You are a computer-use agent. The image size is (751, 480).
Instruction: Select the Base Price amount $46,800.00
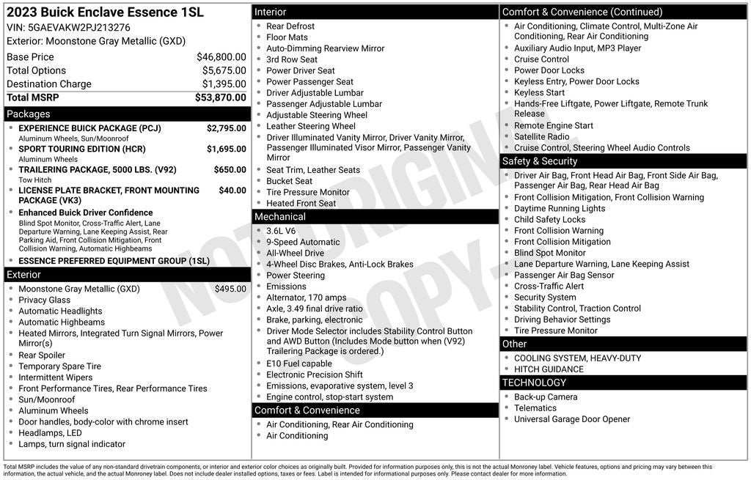(221, 56)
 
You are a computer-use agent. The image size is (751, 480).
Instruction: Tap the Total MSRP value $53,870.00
(220, 97)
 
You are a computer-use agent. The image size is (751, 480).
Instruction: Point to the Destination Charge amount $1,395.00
(224, 84)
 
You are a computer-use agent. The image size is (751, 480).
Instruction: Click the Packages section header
(29, 114)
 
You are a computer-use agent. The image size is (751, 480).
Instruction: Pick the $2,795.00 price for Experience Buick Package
(226, 128)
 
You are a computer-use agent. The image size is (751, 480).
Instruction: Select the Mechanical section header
(280, 217)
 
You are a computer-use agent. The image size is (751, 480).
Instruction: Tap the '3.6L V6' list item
(281, 231)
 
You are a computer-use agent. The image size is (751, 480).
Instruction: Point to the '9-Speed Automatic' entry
(303, 242)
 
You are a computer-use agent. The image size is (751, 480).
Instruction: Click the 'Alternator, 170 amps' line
(306, 298)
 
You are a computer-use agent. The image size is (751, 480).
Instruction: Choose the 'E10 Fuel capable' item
(298, 363)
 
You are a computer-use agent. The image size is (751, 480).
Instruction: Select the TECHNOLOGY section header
(535, 383)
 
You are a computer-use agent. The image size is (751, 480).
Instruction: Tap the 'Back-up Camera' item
(545, 397)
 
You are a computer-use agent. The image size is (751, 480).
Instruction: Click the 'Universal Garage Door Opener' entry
(571, 419)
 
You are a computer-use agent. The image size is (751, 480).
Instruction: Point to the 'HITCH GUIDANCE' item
(549, 369)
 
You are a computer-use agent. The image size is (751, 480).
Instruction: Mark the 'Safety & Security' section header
(540, 161)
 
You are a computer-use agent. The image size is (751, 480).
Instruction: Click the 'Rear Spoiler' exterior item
(42, 355)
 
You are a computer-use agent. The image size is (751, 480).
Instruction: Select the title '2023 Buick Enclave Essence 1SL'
(105, 12)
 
